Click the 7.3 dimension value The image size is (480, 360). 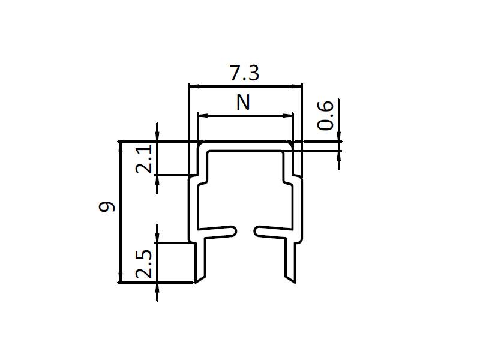point(244,73)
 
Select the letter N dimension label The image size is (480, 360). point(242,103)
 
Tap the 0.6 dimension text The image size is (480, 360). point(325,115)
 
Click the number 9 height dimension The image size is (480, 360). point(107,207)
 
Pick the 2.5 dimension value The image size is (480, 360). point(144,263)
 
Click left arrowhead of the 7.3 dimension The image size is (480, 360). point(193,86)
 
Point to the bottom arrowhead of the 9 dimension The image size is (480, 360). point(119,278)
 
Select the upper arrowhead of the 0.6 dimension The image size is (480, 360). point(339,137)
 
